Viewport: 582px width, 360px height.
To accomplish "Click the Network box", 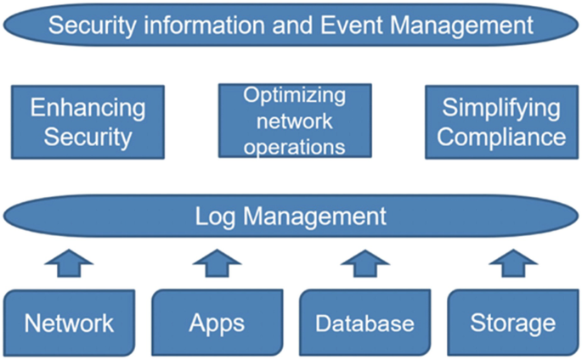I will [69, 323].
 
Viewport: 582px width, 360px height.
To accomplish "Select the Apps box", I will [217, 323].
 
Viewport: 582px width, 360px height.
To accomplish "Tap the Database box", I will [364, 323].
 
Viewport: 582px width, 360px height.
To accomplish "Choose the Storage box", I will [512, 323].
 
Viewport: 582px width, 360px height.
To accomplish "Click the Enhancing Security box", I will [88, 121].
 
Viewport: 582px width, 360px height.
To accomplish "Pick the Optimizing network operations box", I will [293, 121].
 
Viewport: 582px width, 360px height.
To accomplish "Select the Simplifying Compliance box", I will [501, 121].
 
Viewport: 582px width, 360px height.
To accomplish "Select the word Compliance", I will [501, 136].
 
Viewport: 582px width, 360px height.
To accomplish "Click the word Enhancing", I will [88, 108].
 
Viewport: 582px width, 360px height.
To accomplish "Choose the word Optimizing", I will [294, 96].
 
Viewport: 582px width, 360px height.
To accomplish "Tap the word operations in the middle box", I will [293, 146].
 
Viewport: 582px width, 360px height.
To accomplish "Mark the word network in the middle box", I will [293, 121].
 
